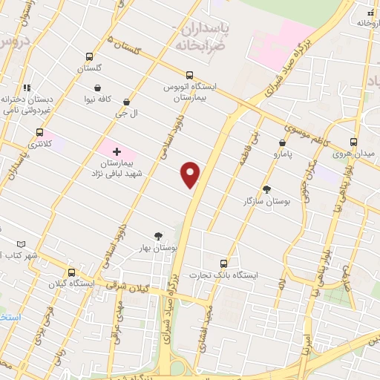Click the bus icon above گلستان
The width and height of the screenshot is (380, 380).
pyautogui.click(x=89, y=56)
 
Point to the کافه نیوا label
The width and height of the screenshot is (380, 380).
pyautogui.click(x=97, y=99)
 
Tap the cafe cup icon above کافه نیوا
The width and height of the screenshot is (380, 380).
pyautogui.click(x=97, y=88)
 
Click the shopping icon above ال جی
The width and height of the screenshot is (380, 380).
pyautogui.click(x=126, y=102)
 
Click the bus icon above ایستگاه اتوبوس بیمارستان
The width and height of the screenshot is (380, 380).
pyautogui.click(x=189, y=75)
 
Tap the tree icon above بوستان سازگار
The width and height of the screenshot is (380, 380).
pyautogui.click(x=267, y=189)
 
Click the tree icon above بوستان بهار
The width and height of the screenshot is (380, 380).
pyautogui.click(x=157, y=236)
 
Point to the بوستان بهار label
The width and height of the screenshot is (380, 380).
pyautogui.click(x=157, y=248)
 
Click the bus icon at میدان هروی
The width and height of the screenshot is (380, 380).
pyautogui.click(x=353, y=142)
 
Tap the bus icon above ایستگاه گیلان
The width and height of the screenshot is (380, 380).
pyautogui.click(x=71, y=272)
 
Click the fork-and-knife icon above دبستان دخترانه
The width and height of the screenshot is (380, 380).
pyautogui.click(x=27, y=88)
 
